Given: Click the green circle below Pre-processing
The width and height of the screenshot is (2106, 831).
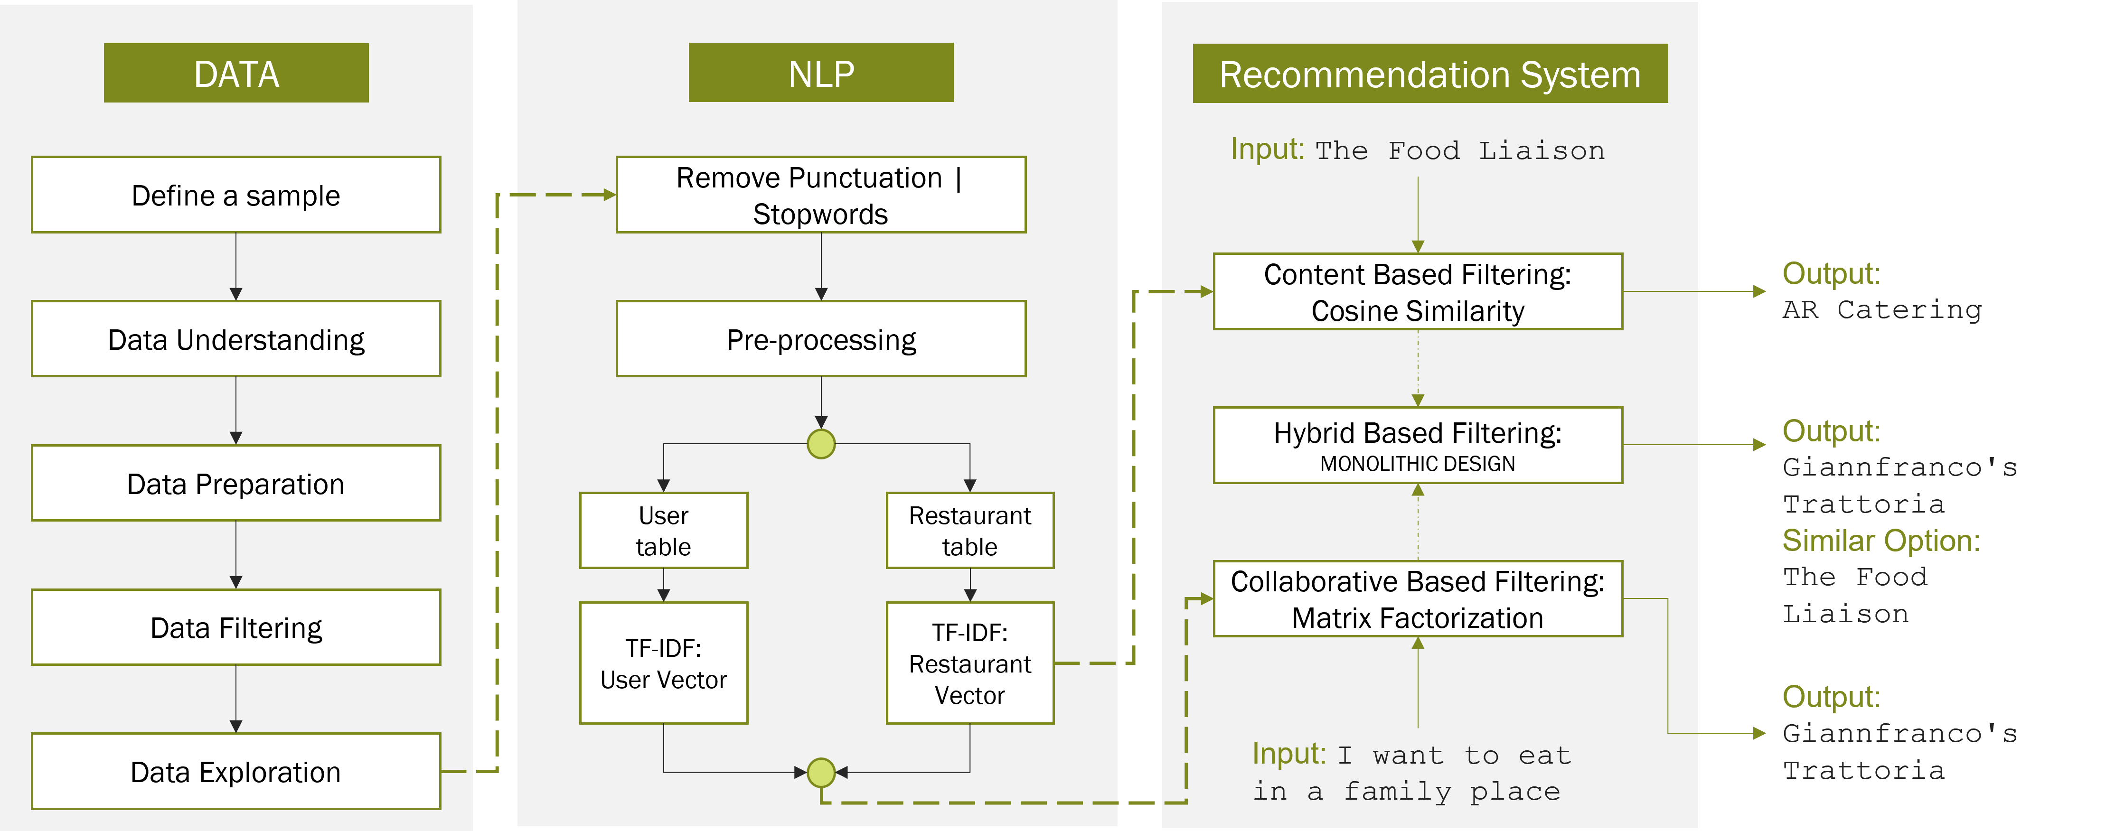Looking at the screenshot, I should (821, 444).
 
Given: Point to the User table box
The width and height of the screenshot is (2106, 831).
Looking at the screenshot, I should (663, 530).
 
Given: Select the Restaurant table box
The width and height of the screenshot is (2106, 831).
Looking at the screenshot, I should (969, 530).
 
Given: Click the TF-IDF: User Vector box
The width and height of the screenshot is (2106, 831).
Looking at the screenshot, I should (663, 663).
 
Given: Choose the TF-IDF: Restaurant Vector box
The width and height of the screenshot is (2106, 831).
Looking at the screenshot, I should (969, 663).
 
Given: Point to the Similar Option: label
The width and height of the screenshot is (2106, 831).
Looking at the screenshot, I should (1880, 541).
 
